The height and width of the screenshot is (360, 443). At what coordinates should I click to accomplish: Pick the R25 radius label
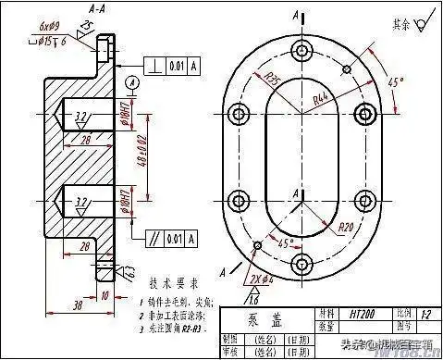click(274, 77)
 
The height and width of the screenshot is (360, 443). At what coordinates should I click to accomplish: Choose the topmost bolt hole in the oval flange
click(299, 51)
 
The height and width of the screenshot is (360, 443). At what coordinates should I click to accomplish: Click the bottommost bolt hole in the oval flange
click(299, 264)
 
